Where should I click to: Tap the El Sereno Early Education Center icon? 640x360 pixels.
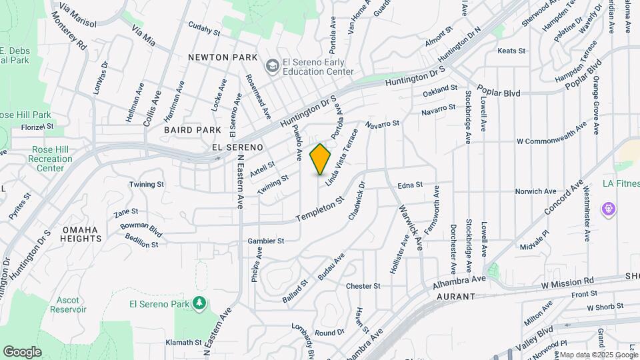(272, 66)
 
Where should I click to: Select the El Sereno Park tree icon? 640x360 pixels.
(199, 304)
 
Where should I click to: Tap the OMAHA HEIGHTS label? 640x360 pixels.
(81, 234)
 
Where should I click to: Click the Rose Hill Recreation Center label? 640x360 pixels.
(51, 159)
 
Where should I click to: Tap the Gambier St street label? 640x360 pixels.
(266, 241)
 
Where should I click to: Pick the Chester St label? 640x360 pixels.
(363, 286)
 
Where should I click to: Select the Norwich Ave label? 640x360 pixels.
(535, 191)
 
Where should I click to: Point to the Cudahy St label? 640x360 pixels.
(204, 31)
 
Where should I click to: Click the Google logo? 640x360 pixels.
(22, 352)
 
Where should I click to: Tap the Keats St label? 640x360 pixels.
(512, 51)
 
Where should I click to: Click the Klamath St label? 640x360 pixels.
(183, 343)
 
